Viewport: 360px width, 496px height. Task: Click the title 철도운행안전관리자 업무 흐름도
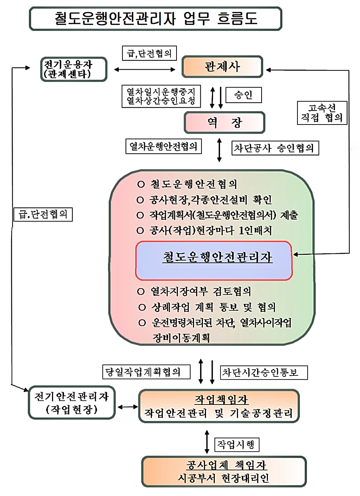155,19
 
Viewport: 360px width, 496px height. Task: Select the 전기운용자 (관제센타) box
73,69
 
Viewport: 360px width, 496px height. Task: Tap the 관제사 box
222,66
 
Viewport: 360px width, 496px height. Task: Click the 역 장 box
224,122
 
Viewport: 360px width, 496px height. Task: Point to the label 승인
243,95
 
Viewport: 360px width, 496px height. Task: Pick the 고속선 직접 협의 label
322,113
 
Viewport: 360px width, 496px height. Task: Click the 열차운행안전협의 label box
163,146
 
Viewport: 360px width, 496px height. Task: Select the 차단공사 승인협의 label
275,148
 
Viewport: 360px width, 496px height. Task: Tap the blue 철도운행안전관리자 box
214,261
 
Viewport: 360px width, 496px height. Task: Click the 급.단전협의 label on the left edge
43,214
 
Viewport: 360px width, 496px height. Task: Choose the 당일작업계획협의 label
146,372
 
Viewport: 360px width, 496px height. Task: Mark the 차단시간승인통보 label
264,372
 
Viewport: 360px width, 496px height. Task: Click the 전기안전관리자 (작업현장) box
72,403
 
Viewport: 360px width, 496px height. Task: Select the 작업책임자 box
219,406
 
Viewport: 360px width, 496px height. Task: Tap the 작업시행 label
237,445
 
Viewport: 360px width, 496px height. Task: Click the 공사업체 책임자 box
224,471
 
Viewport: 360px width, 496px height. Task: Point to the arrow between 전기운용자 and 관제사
144,70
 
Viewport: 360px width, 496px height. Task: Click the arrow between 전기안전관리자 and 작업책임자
128,407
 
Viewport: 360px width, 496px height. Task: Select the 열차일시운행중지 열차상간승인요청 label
161,96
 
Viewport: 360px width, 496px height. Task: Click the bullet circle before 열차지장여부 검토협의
141,292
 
